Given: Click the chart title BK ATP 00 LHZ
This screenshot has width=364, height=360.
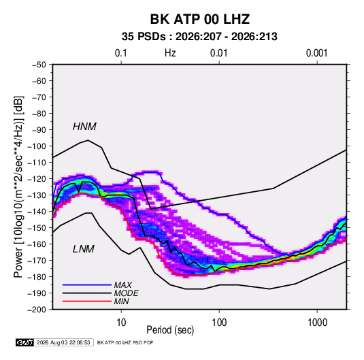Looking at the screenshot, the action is pos(200,19).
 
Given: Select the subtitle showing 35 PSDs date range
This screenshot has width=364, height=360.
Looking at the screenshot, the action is pos(199,37).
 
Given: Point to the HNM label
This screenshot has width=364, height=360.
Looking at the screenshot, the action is pos(84,127).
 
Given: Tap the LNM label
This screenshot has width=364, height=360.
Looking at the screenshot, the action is pos(84,249).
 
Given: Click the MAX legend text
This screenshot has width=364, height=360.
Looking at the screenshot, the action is pos(123,284).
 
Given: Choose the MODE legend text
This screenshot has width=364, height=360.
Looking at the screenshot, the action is pos(127,293).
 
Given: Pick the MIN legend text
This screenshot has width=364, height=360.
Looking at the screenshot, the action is pos(121,301).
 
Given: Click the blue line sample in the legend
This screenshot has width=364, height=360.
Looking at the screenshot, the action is pos(87,284).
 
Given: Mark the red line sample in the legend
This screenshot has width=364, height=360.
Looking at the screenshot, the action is pos(87,301).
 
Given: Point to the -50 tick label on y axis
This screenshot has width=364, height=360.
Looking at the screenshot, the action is pos(39,65).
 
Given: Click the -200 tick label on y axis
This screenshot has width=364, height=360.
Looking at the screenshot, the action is pos(37,310).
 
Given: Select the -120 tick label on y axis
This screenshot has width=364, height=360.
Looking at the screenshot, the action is pos(37,179).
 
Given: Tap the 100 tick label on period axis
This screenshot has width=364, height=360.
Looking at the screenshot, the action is pos(219,323).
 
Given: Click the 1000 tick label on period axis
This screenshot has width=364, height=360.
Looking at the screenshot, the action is pos(317,323).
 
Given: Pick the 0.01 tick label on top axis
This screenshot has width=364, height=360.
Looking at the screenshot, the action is pos(218,53).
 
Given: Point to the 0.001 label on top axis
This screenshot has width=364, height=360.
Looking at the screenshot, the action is pos(316,53).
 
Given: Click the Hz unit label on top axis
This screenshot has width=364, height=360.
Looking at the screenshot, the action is pos(170,53).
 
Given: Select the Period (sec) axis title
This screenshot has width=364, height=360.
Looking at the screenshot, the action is pos(170,330).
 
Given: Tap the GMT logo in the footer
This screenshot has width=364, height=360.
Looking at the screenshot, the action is pos(25,342).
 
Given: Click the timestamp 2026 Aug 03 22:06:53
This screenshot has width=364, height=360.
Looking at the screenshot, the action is pos(63,342).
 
